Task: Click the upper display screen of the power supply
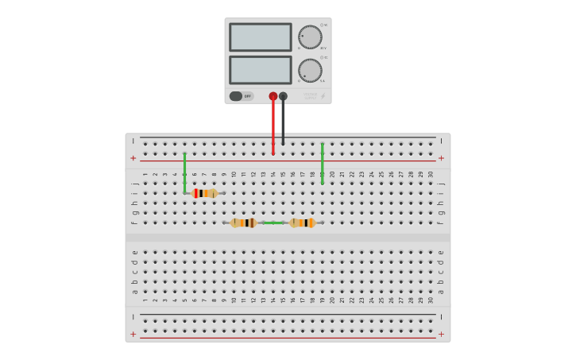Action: point(260,37)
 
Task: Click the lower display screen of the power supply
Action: point(260,70)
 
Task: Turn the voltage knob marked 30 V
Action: point(310,37)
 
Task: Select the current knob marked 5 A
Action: point(310,70)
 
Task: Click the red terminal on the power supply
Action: point(273,96)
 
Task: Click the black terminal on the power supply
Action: point(284,96)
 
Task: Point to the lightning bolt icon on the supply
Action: point(323,96)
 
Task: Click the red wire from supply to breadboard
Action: point(273,127)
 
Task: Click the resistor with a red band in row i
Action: point(204,193)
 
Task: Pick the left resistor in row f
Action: point(243,223)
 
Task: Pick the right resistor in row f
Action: point(302,223)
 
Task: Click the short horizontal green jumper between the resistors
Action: point(273,223)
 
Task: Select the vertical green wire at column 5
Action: point(184,171)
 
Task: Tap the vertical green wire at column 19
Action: point(322,163)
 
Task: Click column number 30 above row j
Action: point(431,174)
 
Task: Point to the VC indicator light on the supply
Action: point(323,25)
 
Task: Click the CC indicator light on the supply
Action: point(323,57)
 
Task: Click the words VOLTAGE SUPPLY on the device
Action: point(310,95)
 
